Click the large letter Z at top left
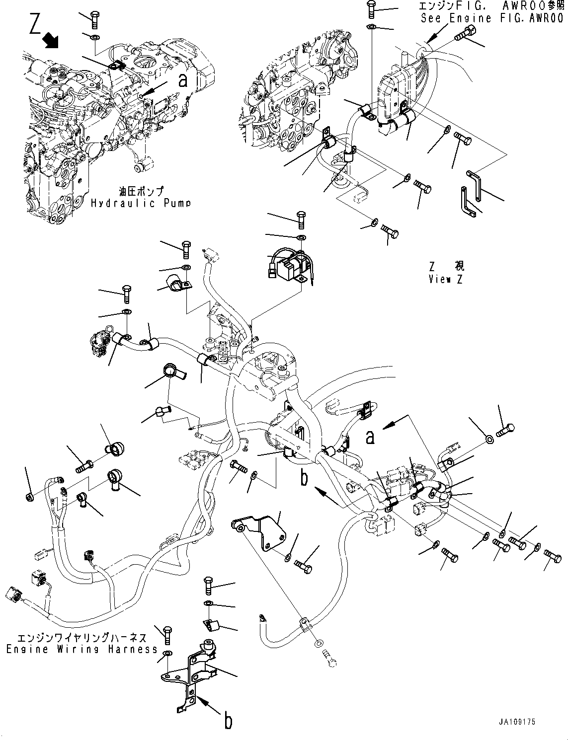[34, 23]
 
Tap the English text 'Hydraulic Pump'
[141, 203]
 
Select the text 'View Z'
[446, 279]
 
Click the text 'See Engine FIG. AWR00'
[491, 18]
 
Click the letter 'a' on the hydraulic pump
[183, 80]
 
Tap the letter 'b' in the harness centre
[304, 477]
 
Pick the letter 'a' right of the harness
[369, 437]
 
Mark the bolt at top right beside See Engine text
[464, 34]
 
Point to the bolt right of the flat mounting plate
[304, 566]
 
